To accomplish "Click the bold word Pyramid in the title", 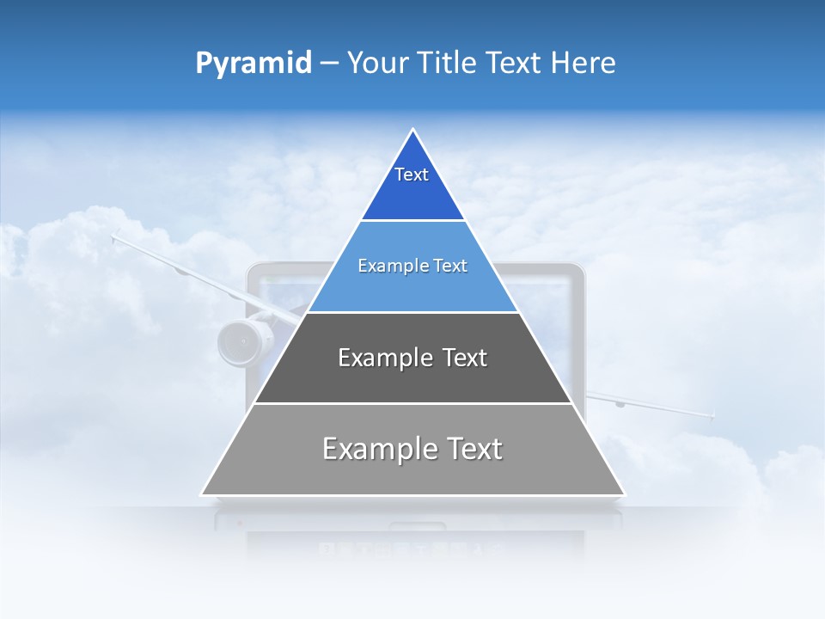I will point(253,64).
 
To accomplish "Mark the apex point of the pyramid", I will point(413,130).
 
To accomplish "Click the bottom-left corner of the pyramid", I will point(202,494).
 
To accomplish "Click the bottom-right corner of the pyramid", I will point(624,494).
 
